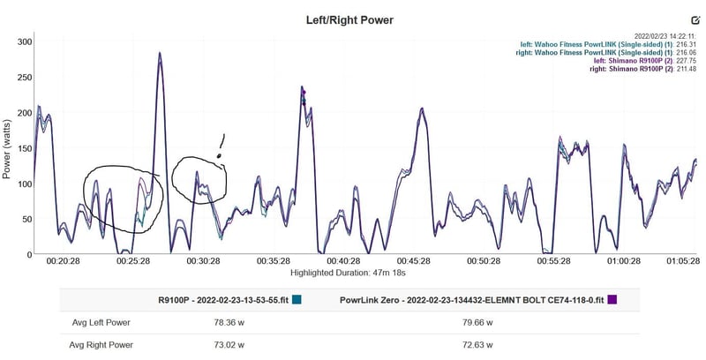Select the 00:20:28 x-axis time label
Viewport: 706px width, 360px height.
coord(64,262)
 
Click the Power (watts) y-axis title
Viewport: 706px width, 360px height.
coord(7,148)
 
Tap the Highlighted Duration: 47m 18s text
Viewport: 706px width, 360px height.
coord(353,275)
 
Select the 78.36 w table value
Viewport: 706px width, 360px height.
coord(213,321)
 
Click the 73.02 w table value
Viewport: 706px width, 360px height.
coord(213,345)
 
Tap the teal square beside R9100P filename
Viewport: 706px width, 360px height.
coord(297,299)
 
